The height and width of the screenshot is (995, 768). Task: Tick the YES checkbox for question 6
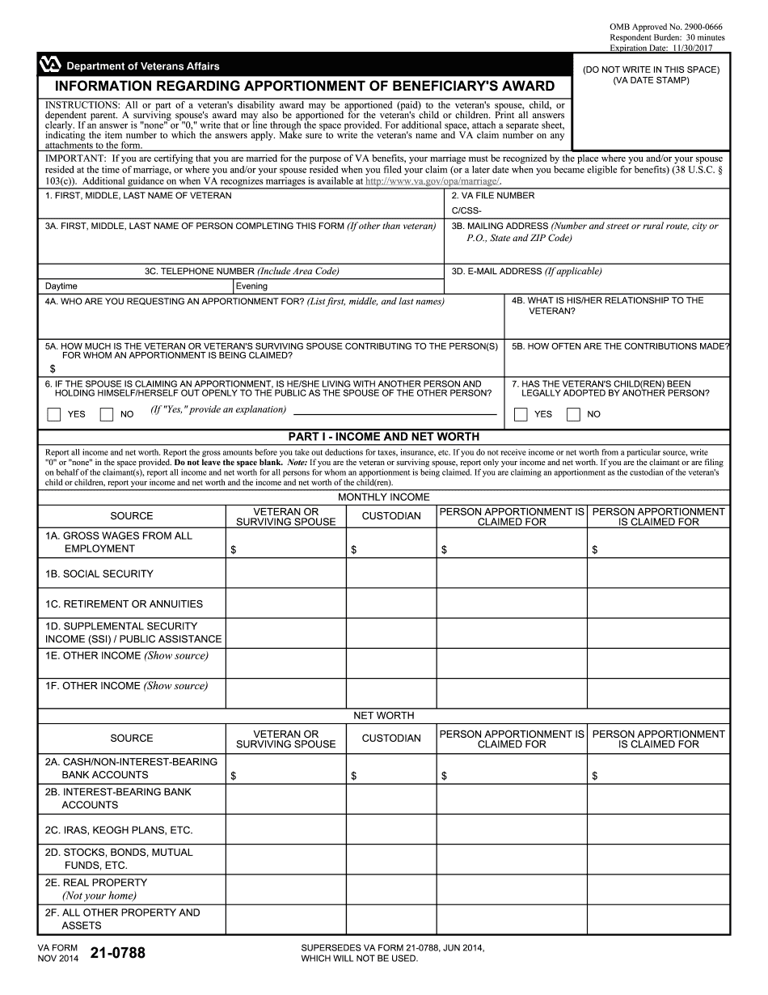(54, 415)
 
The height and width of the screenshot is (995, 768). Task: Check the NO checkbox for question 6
(106, 415)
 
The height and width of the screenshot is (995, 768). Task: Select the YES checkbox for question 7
(521, 415)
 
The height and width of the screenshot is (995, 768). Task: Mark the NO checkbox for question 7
(573, 415)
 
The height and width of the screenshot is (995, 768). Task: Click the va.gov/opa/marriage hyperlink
(433, 182)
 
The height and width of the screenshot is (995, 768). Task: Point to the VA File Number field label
(492, 196)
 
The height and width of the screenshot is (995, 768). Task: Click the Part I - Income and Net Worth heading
(384, 437)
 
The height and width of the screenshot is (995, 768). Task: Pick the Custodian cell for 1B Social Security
(391, 574)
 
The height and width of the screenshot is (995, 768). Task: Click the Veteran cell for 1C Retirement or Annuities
(285, 603)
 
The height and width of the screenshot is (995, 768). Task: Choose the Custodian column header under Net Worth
(391, 739)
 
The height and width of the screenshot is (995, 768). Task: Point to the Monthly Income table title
(384, 497)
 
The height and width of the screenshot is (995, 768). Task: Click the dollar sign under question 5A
(53, 368)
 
